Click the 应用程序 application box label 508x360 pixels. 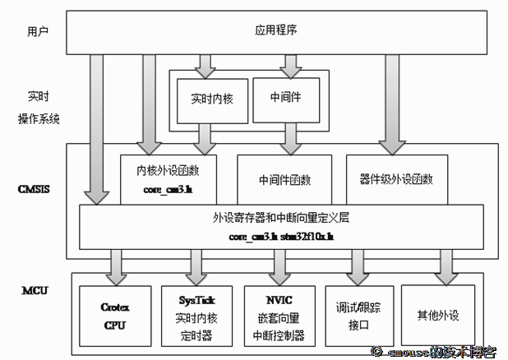click(x=270, y=31)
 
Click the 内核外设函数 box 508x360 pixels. click(x=166, y=179)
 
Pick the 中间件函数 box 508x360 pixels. click(x=284, y=179)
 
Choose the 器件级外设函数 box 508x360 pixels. click(x=396, y=178)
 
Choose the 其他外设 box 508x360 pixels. click(x=436, y=314)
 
